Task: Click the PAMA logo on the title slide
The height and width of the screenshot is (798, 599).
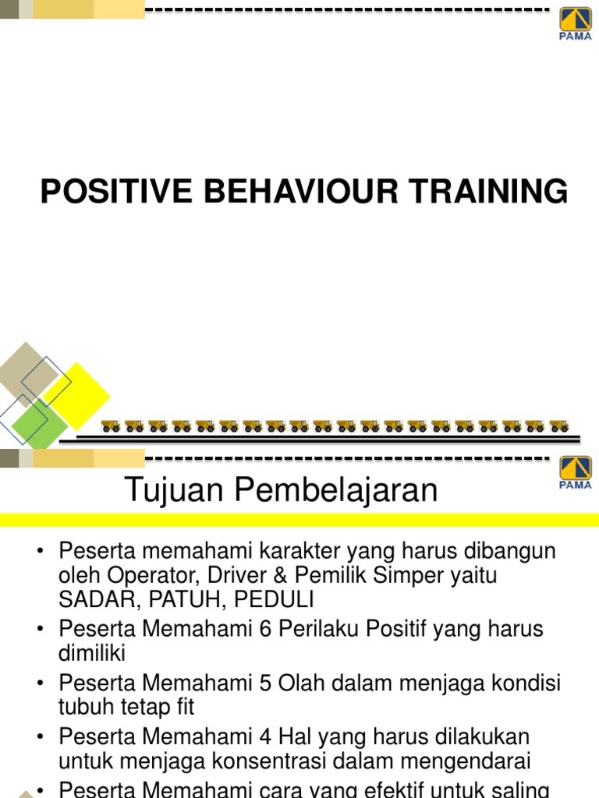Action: coord(576,23)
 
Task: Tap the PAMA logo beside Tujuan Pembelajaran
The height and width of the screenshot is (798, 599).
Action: coord(576,473)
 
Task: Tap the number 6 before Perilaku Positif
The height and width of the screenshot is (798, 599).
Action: coord(269,628)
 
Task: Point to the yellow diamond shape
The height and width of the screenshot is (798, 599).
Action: coord(76,395)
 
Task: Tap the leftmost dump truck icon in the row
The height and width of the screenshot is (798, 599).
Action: coord(111,426)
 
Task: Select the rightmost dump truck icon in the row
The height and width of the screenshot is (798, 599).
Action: coord(558,426)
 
